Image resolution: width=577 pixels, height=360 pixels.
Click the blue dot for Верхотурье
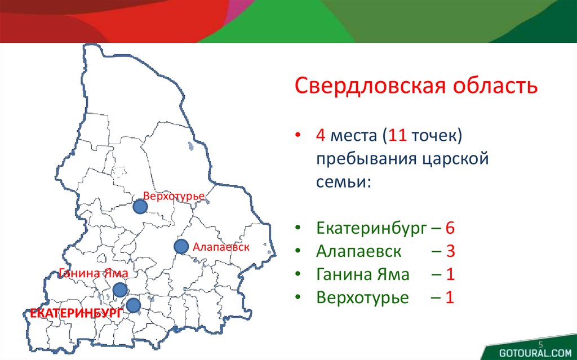click(140, 207)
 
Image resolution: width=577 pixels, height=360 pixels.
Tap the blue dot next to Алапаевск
click(181, 247)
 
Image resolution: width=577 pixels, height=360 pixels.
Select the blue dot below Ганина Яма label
click(120, 290)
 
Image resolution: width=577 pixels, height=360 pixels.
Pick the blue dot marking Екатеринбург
click(133, 305)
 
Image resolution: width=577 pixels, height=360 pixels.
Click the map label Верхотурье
click(174, 196)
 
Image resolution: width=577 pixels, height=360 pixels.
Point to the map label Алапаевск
click(221, 247)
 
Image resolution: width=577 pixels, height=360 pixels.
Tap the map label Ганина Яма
click(94, 273)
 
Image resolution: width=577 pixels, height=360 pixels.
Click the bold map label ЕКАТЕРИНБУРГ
click(76, 313)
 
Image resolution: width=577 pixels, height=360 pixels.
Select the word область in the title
click(495, 86)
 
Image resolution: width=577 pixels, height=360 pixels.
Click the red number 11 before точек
click(397, 135)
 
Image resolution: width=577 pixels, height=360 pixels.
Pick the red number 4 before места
click(321, 135)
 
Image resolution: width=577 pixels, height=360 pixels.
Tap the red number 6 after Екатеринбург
click(450, 228)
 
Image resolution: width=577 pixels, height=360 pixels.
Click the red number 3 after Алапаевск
click(450, 251)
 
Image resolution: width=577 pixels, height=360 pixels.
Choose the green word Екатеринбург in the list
click(371, 229)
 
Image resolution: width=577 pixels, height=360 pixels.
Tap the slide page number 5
click(540, 345)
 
